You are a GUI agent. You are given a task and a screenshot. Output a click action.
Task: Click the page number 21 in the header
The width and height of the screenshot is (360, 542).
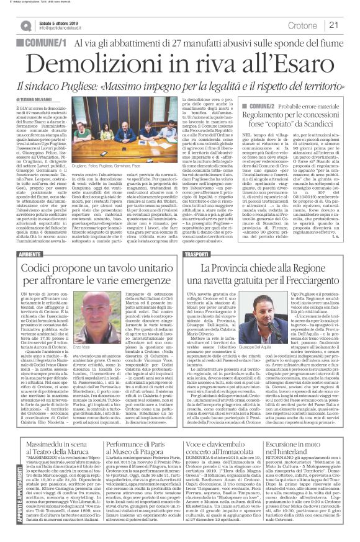coord(333,25)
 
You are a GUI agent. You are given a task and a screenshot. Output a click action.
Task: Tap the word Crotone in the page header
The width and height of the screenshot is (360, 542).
coord(302,25)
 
